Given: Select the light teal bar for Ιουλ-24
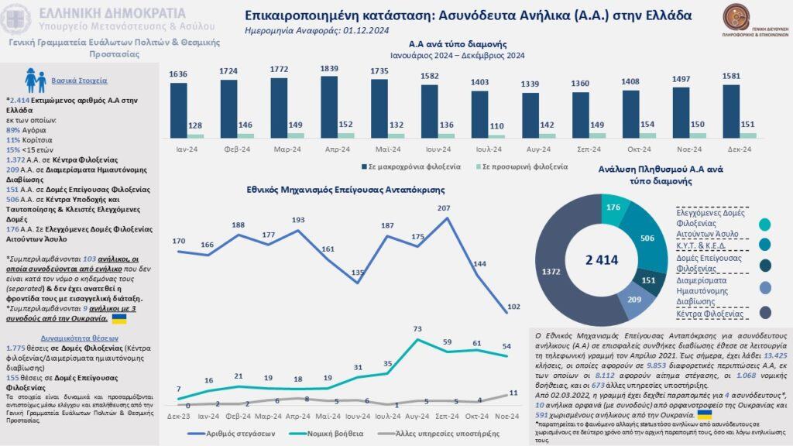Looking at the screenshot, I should (x=496, y=136).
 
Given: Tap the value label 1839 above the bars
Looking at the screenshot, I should (x=329, y=69).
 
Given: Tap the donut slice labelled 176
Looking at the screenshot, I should (x=613, y=207).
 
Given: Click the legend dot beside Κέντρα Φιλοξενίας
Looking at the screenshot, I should (x=765, y=312).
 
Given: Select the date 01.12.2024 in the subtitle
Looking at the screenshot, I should (x=354, y=32).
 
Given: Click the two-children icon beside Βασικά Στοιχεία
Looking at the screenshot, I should (x=36, y=80).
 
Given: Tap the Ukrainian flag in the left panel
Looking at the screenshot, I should (x=121, y=318).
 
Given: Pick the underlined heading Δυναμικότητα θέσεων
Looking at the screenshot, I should (x=76, y=338).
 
